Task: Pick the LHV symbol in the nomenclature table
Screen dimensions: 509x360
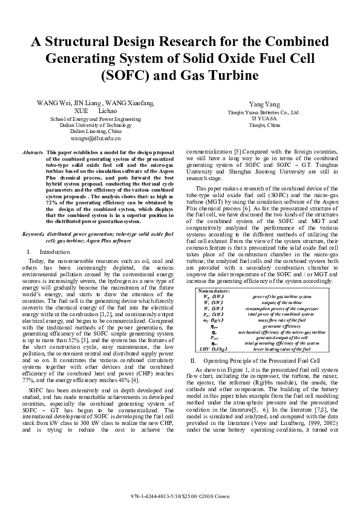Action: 204,349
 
